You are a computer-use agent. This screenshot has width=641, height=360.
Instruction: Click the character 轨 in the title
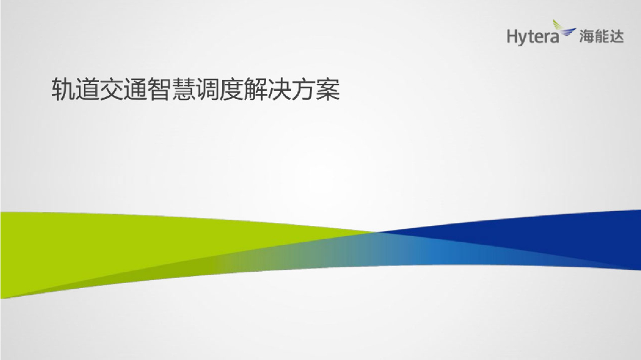click(62, 90)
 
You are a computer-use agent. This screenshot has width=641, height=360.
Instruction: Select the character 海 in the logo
click(586, 37)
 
